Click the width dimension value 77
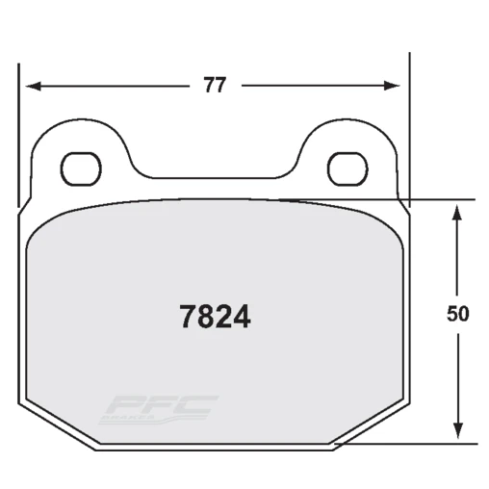coord(214,85)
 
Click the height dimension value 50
coord(458,315)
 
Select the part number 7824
coord(216,316)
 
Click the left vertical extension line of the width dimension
coord(18,135)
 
